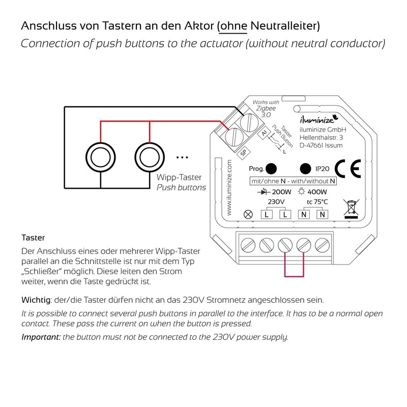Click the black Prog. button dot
[x=271, y=168]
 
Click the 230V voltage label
[x=276, y=202]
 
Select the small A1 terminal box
[x=264, y=134]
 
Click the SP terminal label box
[x=244, y=152]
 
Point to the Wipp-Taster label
[x=179, y=178]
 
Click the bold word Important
[x=41, y=337]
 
